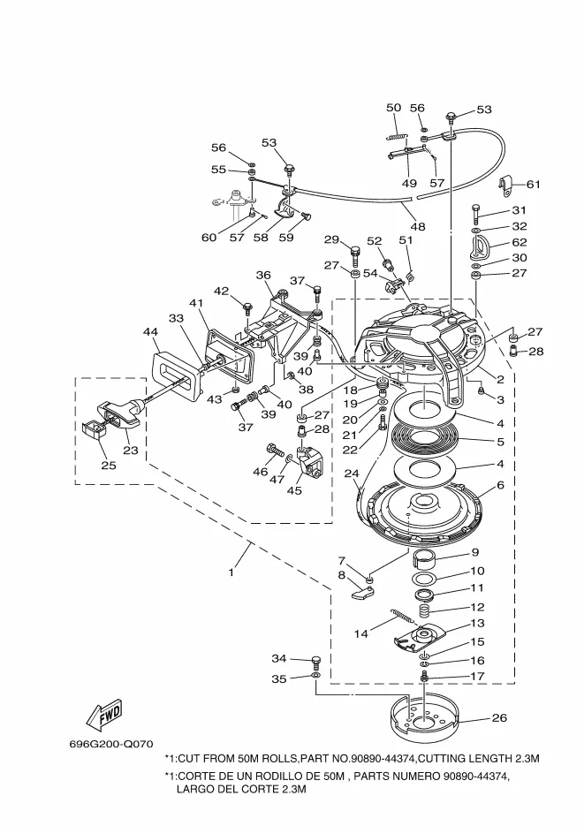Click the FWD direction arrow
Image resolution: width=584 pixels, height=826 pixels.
(x=105, y=716)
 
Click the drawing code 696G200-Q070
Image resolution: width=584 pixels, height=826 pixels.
(x=111, y=745)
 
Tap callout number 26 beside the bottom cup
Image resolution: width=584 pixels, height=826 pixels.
(x=499, y=717)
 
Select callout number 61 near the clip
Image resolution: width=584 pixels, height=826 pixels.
(x=534, y=184)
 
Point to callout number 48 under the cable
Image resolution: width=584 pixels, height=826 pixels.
(x=418, y=226)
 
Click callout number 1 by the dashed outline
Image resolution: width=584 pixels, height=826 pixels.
(x=231, y=572)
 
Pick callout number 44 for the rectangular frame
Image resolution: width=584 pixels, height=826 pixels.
(x=150, y=331)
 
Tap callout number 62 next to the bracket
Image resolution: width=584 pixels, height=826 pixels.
(x=520, y=242)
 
